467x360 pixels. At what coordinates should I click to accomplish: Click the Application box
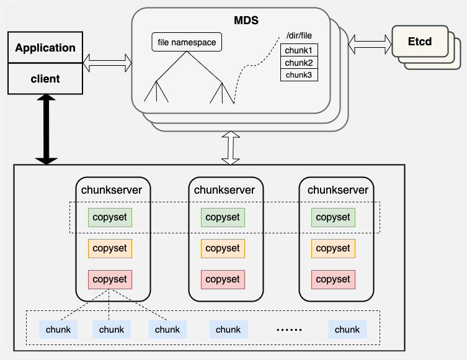pyautogui.click(x=45, y=48)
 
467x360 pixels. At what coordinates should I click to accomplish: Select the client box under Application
pyautogui.click(x=45, y=79)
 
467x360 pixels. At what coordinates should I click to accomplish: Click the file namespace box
pyautogui.click(x=187, y=42)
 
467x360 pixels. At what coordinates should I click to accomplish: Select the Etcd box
pyautogui.click(x=419, y=42)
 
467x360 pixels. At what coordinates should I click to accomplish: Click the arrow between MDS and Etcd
pyautogui.click(x=370, y=43)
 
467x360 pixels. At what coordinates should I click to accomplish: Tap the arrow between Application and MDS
pyautogui.click(x=107, y=61)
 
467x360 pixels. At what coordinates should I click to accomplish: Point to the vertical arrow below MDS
pyautogui.click(x=231, y=148)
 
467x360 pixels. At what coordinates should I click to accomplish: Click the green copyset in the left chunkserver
pyautogui.click(x=110, y=217)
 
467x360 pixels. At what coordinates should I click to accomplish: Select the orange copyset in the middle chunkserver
pyautogui.click(x=223, y=248)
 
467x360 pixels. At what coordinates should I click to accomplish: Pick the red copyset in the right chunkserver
pyautogui.click(x=333, y=279)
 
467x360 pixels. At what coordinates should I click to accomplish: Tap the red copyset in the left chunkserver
pyautogui.click(x=110, y=279)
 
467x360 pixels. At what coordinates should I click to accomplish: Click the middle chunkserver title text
pyautogui.click(x=225, y=190)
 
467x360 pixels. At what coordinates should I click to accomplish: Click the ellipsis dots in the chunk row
pyautogui.click(x=287, y=330)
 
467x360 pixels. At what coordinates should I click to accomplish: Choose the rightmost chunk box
pyautogui.click(x=347, y=330)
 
